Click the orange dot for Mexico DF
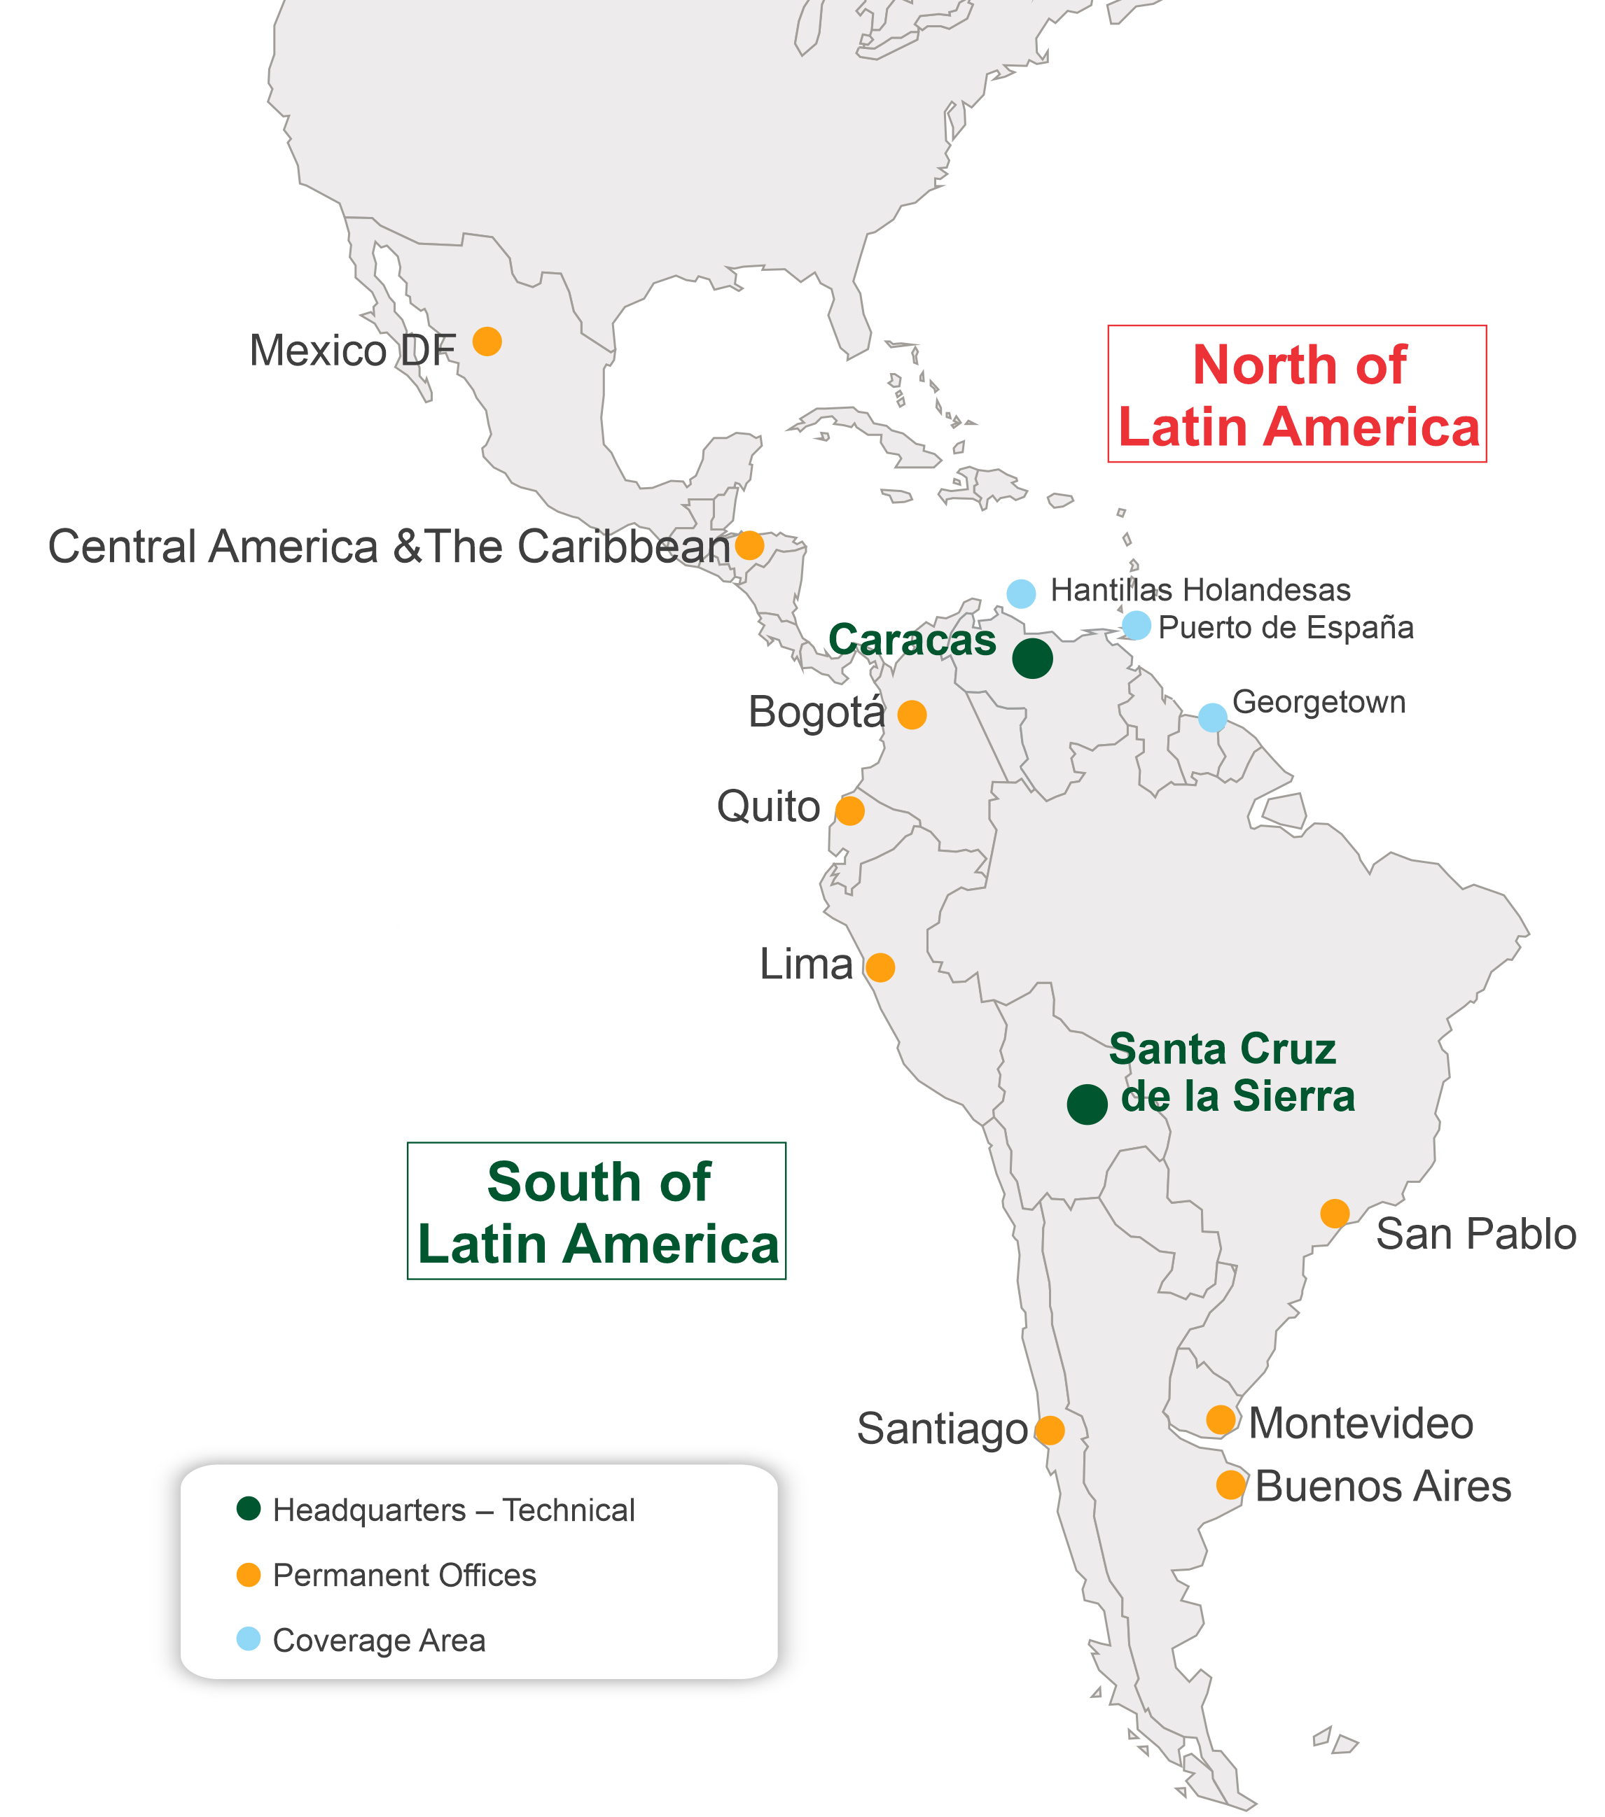click(487, 342)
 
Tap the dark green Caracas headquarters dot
click(1032, 659)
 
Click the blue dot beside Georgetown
click(1212, 717)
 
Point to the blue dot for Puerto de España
click(1137, 626)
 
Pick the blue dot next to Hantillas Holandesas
click(1021, 593)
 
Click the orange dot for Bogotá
click(912, 715)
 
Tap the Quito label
click(768, 807)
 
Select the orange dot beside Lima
click(880, 967)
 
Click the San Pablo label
click(1476, 1234)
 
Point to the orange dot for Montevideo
click(1221, 1421)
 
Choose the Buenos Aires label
click(1383, 1487)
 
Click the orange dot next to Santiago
click(1049, 1431)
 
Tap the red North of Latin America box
click(1296, 394)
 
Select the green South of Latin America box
click(597, 1211)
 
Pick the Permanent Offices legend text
click(405, 1576)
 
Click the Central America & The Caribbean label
click(389, 547)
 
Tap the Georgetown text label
click(1319, 702)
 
